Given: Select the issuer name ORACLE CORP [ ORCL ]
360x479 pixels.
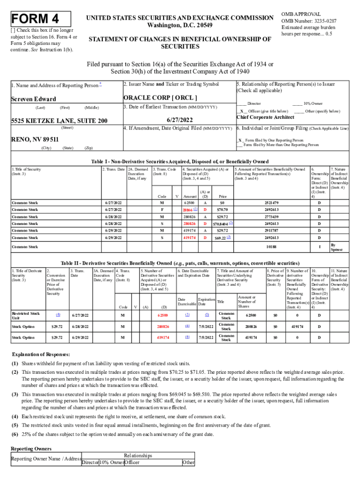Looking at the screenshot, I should point(160,98).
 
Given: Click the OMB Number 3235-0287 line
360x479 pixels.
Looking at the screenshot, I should point(309,21).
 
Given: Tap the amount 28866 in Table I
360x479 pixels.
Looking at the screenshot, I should point(188,210).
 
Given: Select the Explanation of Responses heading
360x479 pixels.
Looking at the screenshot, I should point(41,354).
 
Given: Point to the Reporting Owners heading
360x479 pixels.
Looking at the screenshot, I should point(31,448).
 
